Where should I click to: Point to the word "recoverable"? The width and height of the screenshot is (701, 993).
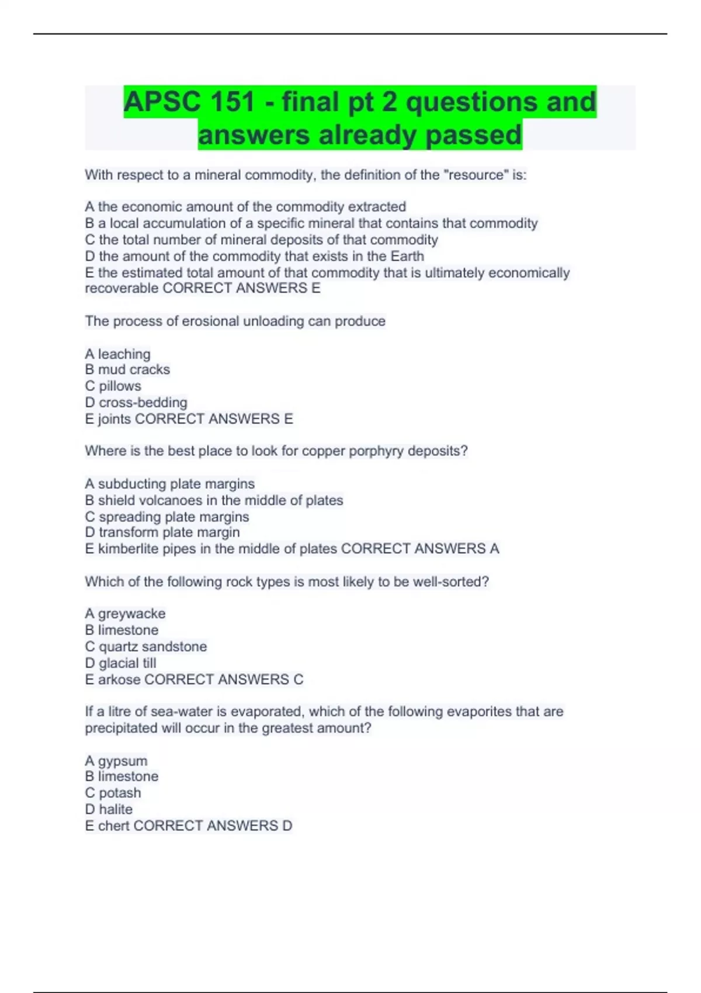coord(122,288)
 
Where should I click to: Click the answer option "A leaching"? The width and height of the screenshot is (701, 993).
coord(117,354)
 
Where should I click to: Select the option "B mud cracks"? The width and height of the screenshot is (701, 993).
coord(127,369)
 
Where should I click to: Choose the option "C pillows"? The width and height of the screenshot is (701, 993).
coord(113,386)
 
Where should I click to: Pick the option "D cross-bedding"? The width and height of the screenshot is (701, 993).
coord(136,402)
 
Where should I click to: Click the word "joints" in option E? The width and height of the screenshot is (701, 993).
coord(114,419)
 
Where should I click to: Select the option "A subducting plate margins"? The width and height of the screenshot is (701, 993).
coord(169,484)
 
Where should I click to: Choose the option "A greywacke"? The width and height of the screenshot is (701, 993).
coord(125,613)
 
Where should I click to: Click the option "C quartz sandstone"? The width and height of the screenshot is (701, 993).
coord(145,646)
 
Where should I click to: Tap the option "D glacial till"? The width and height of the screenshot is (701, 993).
coord(120,663)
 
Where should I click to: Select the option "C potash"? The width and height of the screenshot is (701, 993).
coord(113,793)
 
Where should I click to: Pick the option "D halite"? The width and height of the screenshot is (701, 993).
coord(109,809)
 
